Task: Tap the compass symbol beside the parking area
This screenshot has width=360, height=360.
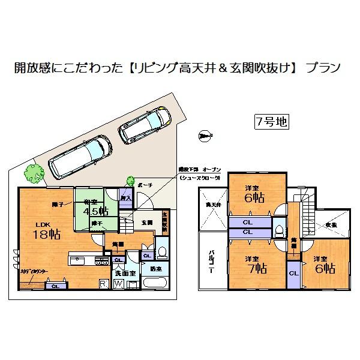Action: (205, 136)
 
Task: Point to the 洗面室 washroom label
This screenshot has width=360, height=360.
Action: (133, 272)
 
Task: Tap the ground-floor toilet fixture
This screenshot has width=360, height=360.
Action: (161, 249)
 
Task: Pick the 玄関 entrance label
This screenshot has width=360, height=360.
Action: (147, 223)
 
